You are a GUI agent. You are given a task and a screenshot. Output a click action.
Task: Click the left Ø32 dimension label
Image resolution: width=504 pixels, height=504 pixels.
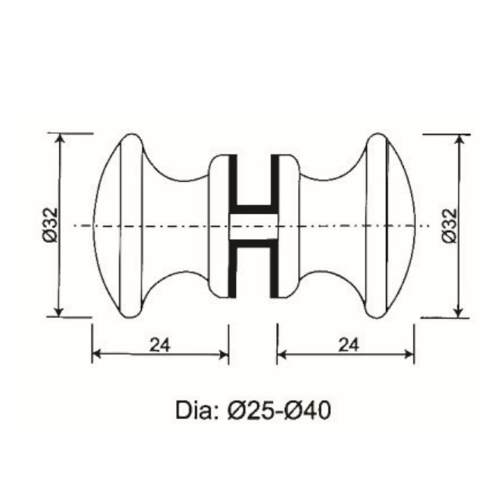(51, 225)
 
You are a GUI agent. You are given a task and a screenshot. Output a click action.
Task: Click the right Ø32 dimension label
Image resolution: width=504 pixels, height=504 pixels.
(449, 225)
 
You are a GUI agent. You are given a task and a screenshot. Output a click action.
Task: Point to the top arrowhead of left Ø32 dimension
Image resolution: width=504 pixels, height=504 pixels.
(60, 139)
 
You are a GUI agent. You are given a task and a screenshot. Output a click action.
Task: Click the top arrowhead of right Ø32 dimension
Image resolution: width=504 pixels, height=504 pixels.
(459, 139)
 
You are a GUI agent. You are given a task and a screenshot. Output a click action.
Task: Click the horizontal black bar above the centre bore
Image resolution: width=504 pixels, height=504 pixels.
(254, 207)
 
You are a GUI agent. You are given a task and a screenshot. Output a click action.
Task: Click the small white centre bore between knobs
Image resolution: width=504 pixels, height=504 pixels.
(253, 226)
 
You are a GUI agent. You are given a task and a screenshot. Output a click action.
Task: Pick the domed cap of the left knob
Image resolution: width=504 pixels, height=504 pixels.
(107, 225)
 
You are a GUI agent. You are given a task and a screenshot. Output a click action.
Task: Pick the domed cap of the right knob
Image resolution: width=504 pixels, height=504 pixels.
(400, 225)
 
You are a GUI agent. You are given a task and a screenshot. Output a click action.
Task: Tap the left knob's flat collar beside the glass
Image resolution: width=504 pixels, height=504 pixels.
(218, 225)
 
